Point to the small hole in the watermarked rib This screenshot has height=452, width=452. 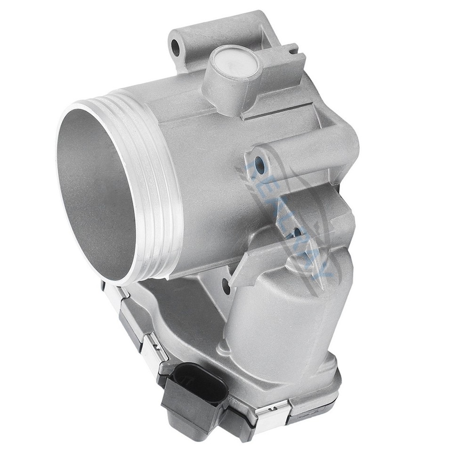[x=297, y=232]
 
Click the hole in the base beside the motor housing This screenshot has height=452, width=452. [x=226, y=286]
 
